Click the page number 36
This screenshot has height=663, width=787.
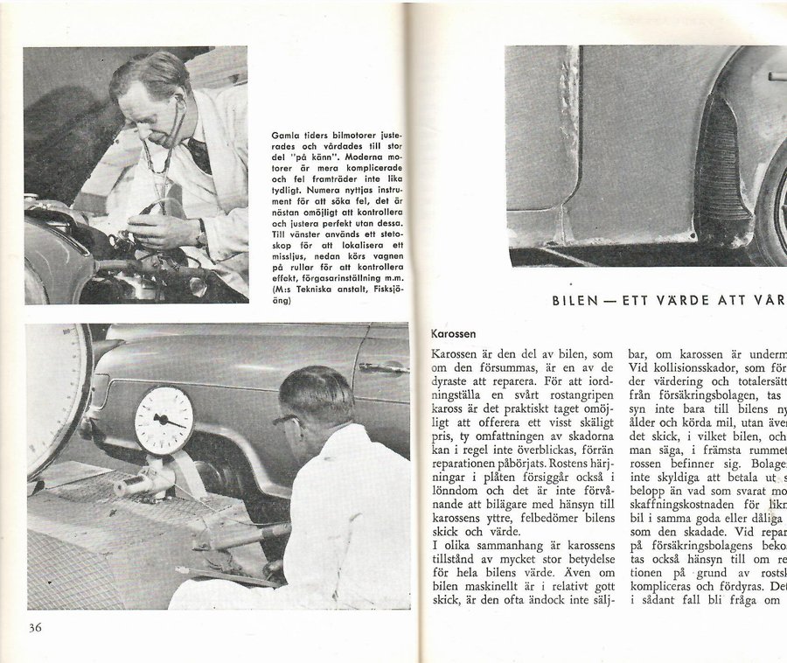coord(34,626)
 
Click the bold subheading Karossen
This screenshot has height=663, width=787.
coord(454,333)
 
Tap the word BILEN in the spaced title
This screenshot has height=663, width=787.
coord(574,300)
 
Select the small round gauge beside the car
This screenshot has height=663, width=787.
coord(164,420)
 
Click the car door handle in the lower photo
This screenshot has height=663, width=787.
coord(382,368)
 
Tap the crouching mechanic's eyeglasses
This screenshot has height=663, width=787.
coord(285,419)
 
